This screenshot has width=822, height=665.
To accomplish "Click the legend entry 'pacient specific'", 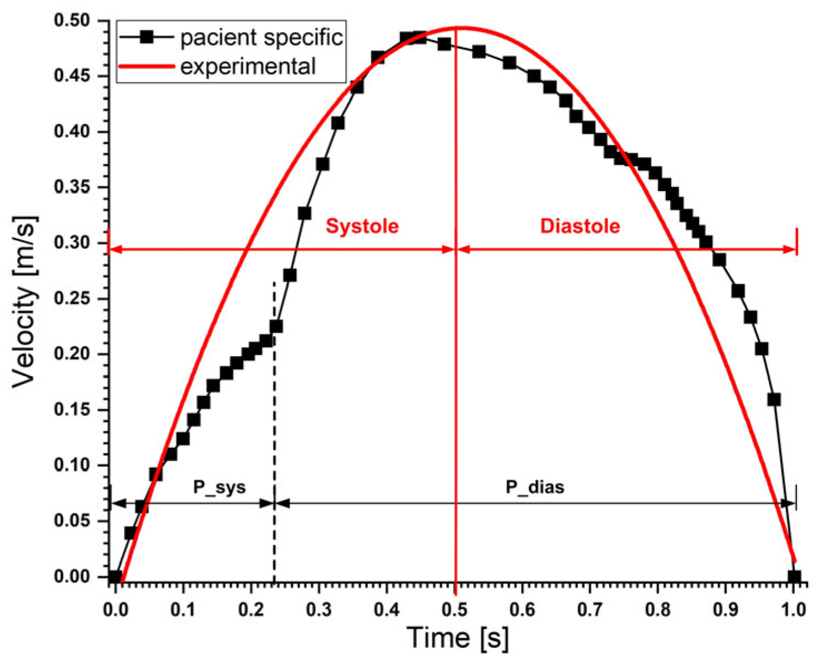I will [261, 38].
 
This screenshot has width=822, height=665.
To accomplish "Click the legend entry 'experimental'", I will [248, 67].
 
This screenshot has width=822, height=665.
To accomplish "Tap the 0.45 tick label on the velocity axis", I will [72, 76].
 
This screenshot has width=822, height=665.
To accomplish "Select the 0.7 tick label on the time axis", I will [590, 609].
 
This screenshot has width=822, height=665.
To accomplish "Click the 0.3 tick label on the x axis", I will [319, 609].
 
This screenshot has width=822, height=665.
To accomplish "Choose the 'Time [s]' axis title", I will [457, 638].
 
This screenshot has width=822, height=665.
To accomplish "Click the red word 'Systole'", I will [362, 226].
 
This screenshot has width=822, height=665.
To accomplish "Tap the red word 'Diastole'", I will [580, 226].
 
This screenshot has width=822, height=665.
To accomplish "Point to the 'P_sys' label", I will [219, 487].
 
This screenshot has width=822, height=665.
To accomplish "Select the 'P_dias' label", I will [535, 487].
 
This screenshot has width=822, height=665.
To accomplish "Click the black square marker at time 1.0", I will [794, 577].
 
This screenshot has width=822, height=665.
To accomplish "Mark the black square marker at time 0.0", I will [114, 577].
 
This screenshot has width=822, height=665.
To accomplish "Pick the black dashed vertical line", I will [274, 433].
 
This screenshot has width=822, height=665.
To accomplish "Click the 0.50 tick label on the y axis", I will [72, 21].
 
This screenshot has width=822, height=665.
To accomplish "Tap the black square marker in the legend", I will [147, 37].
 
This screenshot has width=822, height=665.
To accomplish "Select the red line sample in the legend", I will [147, 66].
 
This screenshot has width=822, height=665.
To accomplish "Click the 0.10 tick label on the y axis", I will [72, 466].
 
